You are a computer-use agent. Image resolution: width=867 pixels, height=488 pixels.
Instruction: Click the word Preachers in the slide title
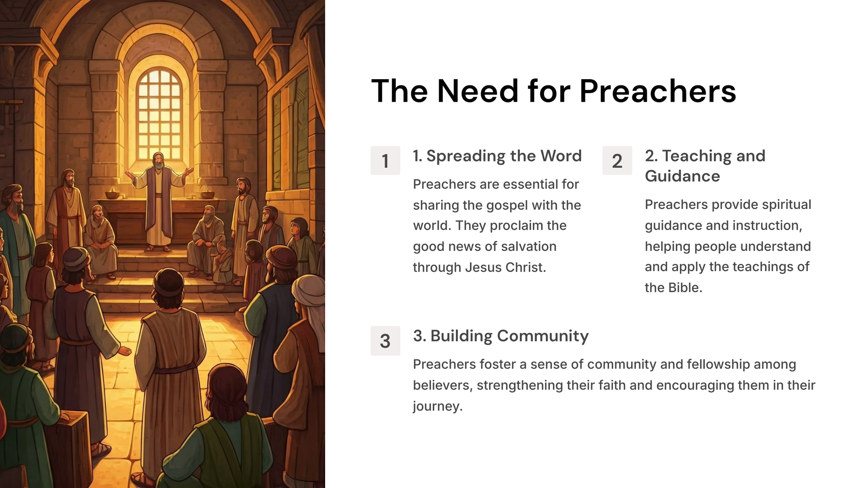click(x=657, y=91)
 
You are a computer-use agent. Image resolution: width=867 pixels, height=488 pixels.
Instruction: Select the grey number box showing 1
click(x=385, y=161)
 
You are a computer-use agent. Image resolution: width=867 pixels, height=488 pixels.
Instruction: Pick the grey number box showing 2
click(x=617, y=161)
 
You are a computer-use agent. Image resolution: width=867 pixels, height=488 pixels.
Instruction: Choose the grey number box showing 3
click(x=385, y=341)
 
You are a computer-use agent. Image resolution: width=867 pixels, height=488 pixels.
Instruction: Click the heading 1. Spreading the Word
click(x=497, y=156)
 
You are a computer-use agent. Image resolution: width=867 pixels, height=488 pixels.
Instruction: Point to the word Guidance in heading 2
click(x=682, y=176)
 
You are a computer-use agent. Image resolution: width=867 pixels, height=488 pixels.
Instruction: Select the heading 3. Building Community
click(x=501, y=336)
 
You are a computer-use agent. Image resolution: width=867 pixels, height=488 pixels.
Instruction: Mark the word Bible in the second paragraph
click(x=684, y=288)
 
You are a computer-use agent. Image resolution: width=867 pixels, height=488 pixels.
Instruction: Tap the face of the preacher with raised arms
click(x=158, y=161)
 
